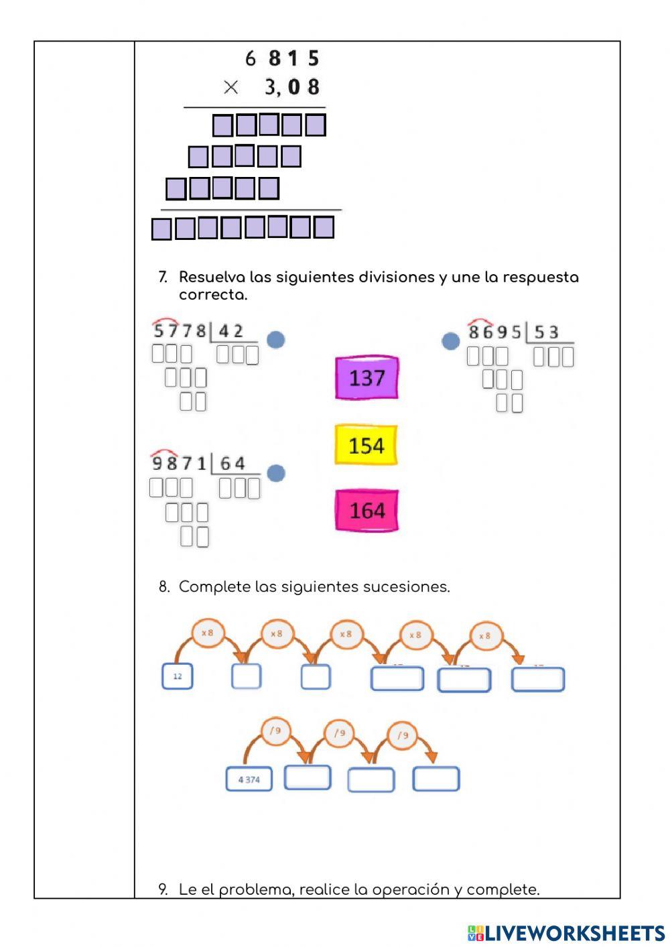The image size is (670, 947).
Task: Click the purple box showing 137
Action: (x=366, y=378)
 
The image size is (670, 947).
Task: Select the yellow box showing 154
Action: (x=366, y=445)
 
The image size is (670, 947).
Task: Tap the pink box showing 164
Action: (x=366, y=511)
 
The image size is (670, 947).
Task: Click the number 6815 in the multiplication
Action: (x=282, y=59)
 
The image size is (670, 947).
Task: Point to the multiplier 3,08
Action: (x=292, y=87)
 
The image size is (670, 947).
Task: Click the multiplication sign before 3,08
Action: (x=230, y=87)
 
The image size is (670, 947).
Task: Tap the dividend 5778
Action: (x=180, y=330)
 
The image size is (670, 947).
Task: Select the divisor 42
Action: (x=230, y=331)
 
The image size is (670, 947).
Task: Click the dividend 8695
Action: (x=494, y=332)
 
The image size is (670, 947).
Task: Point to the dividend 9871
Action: (x=179, y=463)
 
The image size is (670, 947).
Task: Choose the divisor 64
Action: (x=232, y=463)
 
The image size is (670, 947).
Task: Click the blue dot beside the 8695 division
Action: (x=451, y=341)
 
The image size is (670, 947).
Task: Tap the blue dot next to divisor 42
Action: (x=276, y=340)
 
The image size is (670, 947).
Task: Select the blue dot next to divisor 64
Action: (x=276, y=473)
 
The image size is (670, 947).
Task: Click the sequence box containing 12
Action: (x=178, y=676)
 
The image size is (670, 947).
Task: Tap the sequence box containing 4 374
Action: (x=249, y=779)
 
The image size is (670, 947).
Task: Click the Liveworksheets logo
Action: (x=566, y=933)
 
